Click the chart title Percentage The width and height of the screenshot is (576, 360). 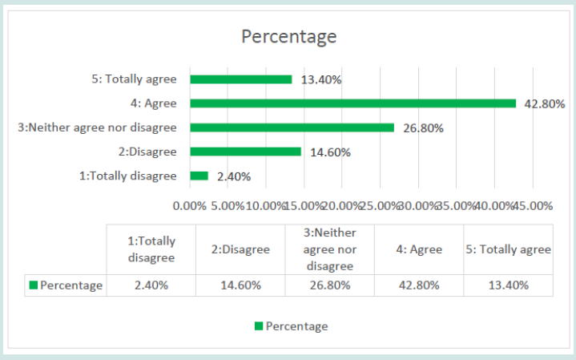pyautogui.click(x=289, y=37)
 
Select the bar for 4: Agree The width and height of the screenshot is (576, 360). pyautogui.click(x=352, y=103)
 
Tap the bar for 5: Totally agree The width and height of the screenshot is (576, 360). pyautogui.click(x=240, y=79)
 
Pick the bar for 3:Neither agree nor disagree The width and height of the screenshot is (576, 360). pyautogui.click(x=292, y=127)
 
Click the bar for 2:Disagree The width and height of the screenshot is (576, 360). pyautogui.click(x=245, y=151)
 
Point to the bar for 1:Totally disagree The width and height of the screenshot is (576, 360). pyautogui.click(x=199, y=176)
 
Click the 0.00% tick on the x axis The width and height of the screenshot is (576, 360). pyautogui.click(x=190, y=205)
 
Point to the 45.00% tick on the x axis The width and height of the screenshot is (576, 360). pyautogui.click(x=533, y=205)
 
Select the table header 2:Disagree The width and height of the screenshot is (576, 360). pyautogui.click(x=240, y=249)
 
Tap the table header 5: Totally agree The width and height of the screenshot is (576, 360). pyautogui.click(x=509, y=249)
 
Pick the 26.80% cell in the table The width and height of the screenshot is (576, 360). pyautogui.click(x=329, y=285)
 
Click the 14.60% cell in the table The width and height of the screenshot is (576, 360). pyautogui.click(x=240, y=285)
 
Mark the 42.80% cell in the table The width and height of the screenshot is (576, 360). pyautogui.click(x=419, y=285)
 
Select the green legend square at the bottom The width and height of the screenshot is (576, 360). pyautogui.click(x=259, y=326)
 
